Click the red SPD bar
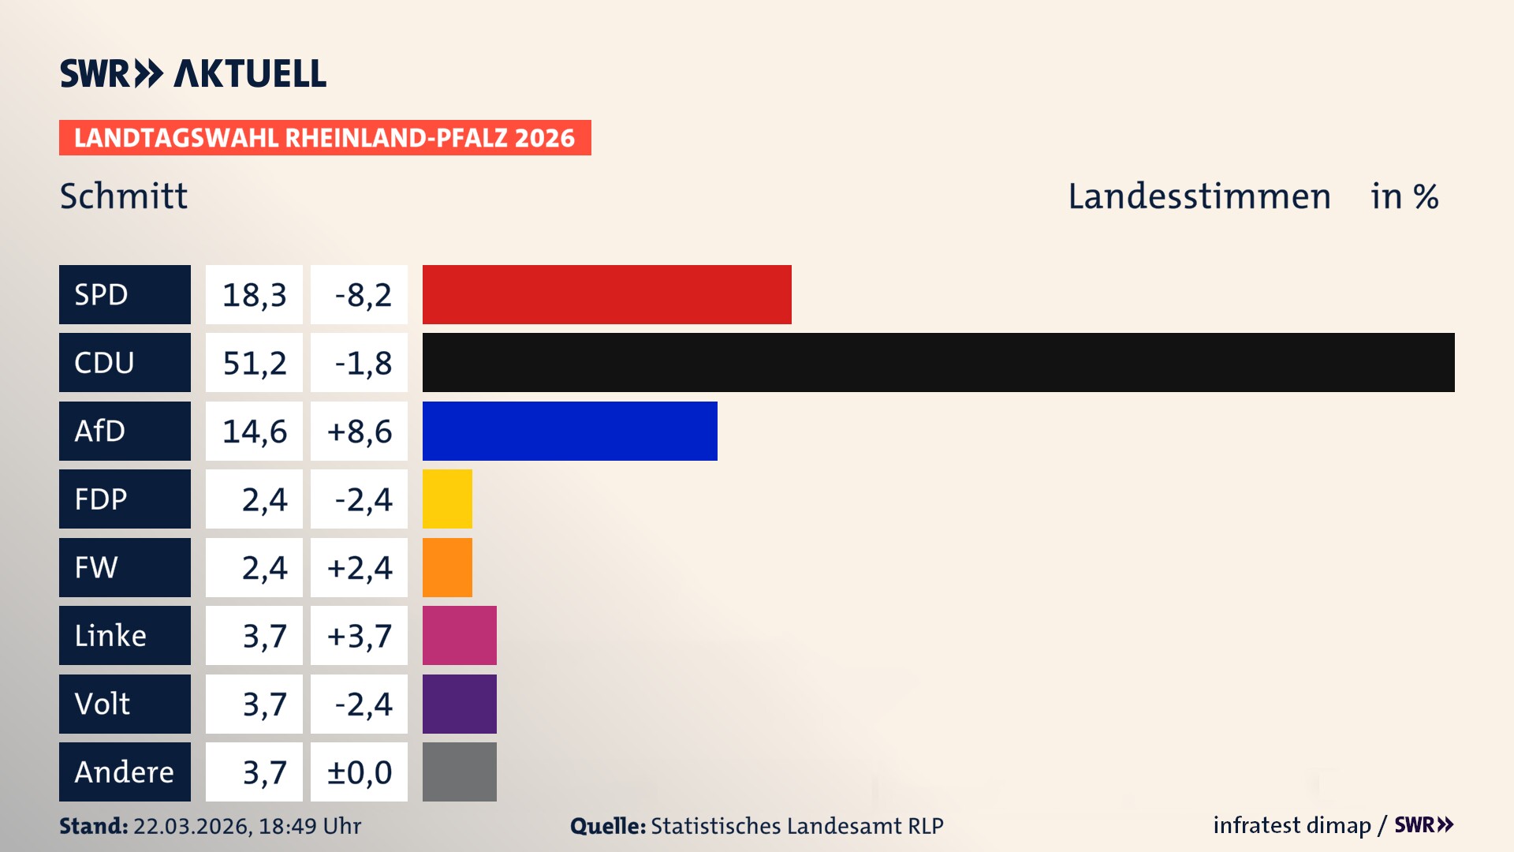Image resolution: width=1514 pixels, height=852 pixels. click(x=606, y=294)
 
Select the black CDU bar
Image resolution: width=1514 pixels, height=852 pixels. click(x=938, y=362)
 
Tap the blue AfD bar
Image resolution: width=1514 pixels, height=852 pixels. click(x=569, y=431)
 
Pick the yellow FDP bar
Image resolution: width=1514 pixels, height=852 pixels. click(x=447, y=499)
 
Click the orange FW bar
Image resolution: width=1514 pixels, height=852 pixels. click(x=447, y=567)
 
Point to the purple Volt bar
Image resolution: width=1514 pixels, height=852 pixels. click(x=459, y=704)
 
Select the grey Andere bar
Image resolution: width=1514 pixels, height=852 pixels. click(x=459, y=772)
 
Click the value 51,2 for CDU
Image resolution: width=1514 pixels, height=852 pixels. click(x=254, y=363)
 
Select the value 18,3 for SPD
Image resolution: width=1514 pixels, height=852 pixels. click(x=254, y=295)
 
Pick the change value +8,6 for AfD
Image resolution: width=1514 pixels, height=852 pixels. click(x=359, y=432)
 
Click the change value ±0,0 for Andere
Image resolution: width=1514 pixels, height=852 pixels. click(x=359, y=772)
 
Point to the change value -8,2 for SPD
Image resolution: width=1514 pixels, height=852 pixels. click(x=362, y=295)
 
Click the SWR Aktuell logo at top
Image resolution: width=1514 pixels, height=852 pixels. click(x=192, y=73)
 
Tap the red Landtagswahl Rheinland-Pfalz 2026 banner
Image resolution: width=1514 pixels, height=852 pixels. click(x=324, y=137)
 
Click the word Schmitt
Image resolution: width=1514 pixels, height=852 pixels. click(x=124, y=196)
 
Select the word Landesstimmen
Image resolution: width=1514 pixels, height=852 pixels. click(x=1199, y=196)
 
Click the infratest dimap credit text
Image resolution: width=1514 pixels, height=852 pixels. click(x=1291, y=825)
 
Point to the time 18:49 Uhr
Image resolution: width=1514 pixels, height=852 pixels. click(x=309, y=826)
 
